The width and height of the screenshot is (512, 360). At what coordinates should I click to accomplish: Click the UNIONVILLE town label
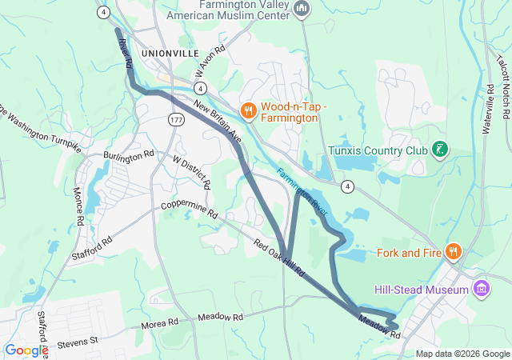coord(169,52)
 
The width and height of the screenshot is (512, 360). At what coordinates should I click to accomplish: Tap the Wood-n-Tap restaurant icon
coord(249,110)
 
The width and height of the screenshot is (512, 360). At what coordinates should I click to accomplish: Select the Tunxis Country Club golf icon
coord(439,149)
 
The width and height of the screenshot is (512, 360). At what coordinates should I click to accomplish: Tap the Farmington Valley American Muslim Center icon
coord(302,9)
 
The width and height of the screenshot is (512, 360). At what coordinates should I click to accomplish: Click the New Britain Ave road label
coord(217,122)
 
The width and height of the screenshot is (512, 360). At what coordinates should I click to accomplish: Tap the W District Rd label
coord(192,171)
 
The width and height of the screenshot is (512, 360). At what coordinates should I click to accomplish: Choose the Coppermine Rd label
coord(190,210)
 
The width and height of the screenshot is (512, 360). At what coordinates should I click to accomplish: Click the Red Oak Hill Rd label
coord(280,258)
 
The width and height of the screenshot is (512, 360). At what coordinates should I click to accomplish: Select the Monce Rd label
coord(78,206)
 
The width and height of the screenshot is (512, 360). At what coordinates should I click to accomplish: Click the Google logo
coord(26,350)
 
